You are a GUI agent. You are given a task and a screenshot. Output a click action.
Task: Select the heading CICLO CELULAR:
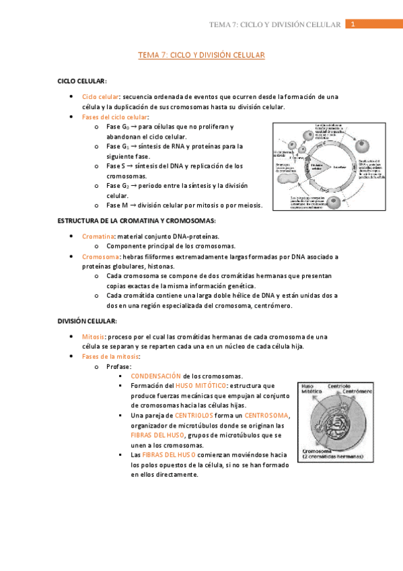click(82, 81)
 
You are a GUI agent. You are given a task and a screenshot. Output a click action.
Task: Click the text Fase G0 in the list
click(117, 127)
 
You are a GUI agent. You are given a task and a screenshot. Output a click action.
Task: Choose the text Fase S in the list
click(116, 166)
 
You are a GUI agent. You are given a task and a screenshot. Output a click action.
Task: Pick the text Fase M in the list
click(116, 205)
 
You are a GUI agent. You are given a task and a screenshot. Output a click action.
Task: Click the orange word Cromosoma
click(100, 257)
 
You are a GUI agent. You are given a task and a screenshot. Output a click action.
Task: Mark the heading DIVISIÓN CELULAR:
click(87, 321)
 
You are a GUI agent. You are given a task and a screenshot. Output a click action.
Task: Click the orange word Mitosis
click(94, 337)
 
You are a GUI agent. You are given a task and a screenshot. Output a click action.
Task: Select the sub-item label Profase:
click(118, 366)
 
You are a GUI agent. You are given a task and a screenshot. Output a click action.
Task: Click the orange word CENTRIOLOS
click(194, 415)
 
